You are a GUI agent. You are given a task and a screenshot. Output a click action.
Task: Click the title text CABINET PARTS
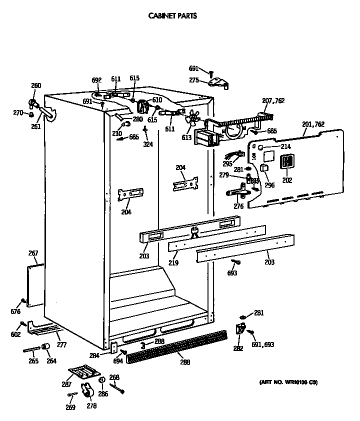(172, 15)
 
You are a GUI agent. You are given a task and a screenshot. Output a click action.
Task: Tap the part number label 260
(36, 85)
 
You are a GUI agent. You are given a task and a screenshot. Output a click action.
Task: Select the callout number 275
(194, 80)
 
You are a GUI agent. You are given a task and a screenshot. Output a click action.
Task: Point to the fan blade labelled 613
(191, 119)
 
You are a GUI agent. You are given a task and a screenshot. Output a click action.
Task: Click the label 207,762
(273, 100)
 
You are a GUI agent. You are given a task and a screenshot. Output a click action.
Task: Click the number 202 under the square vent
(287, 180)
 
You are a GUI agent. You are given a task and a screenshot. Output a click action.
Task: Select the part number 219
(173, 262)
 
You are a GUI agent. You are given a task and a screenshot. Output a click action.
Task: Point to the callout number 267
(33, 253)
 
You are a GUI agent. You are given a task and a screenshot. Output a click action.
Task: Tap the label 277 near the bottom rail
(61, 344)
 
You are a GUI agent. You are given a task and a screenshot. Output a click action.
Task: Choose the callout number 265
(33, 361)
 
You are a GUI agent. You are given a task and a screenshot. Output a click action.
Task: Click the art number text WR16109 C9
(288, 382)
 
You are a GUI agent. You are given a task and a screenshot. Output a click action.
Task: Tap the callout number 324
(147, 144)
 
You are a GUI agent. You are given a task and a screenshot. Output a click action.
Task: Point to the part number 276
(238, 205)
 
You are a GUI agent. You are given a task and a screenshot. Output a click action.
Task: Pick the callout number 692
(96, 79)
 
